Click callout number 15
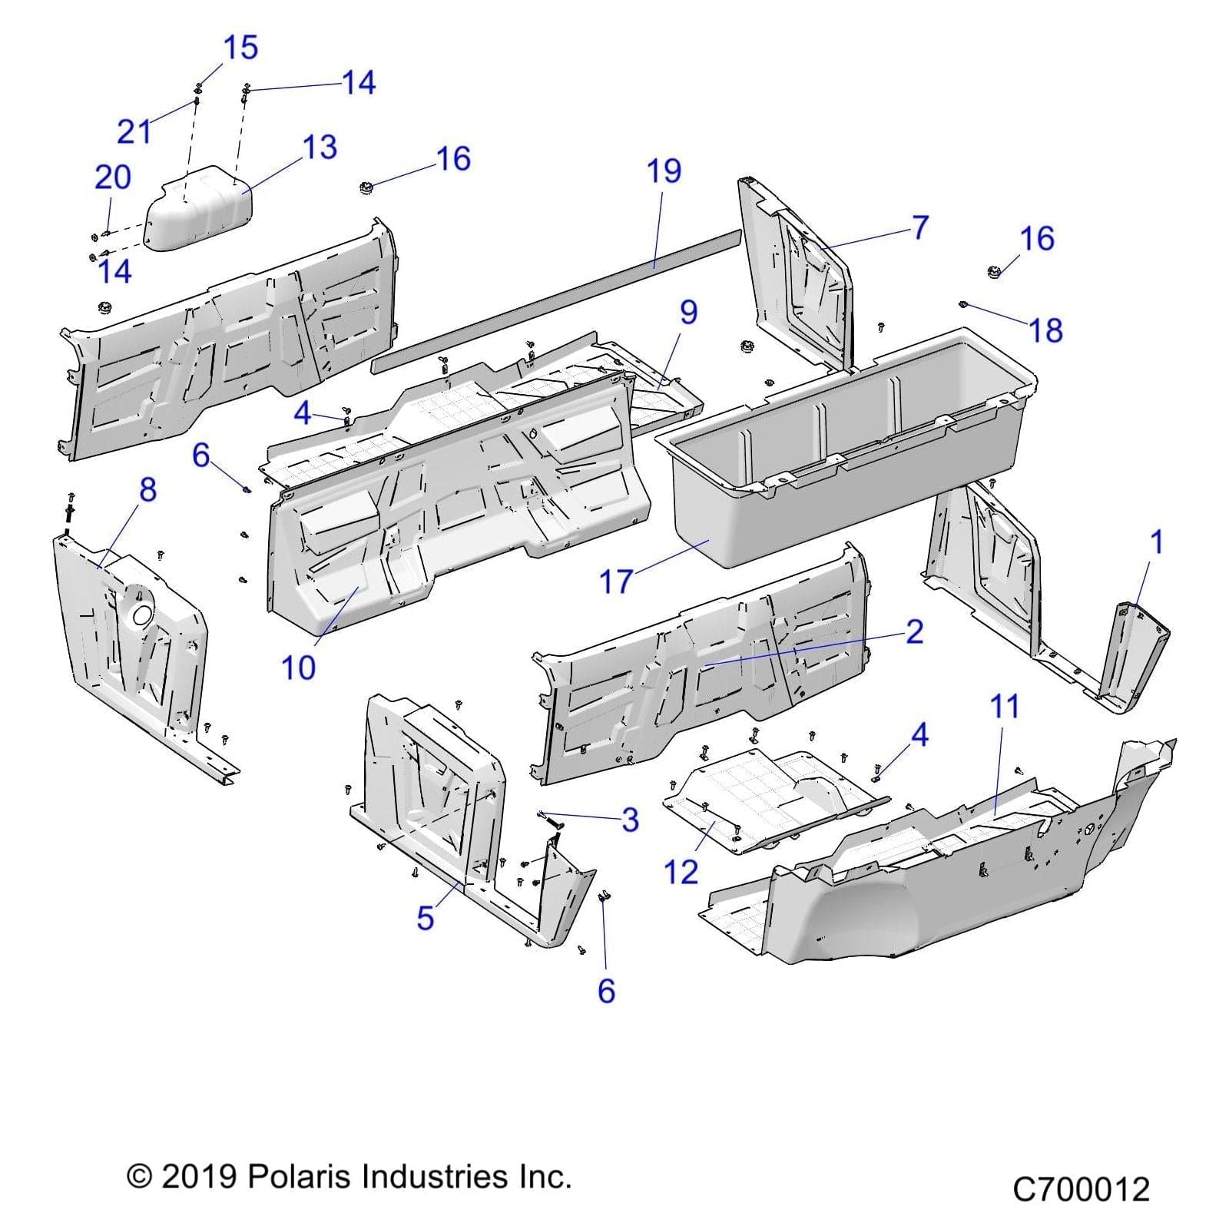point(240,48)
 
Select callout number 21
point(134,132)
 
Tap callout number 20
point(112,178)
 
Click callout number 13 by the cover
point(320,147)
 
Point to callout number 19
point(664,171)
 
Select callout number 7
point(920,227)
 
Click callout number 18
point(1045,331)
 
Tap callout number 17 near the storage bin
point(616,582)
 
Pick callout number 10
point(298,668)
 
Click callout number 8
point(147,490)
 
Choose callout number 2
point(914,632)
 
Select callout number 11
point(1005,707)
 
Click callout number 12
point(681,873)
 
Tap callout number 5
point(426,918)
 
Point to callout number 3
point(630,820)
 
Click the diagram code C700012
point(1080,1190)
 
